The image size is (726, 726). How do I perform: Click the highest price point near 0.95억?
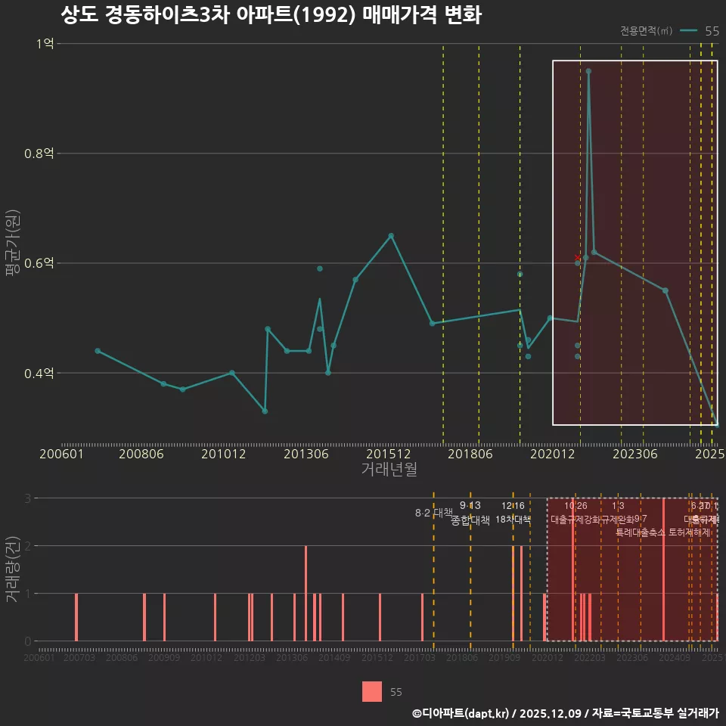click(588, 71)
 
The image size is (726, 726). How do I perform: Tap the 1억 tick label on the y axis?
click(45, 44)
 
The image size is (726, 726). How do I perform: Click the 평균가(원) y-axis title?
click(12, 245)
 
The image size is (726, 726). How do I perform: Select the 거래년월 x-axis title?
click(389, 470)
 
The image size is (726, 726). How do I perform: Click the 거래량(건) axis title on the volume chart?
click(12, 569)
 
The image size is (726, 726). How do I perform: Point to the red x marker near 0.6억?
click(578, 258)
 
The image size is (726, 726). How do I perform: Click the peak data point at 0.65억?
click(391, 236)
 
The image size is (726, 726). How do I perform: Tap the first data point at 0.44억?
click(98, 351)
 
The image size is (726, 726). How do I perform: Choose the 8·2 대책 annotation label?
click(433, 513)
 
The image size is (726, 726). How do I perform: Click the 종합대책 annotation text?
click(470, 520)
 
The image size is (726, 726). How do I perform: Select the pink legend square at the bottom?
click(372, 691)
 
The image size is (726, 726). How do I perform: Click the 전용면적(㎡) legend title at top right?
click(646, 31)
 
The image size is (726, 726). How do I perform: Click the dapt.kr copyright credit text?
click(565, 713)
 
